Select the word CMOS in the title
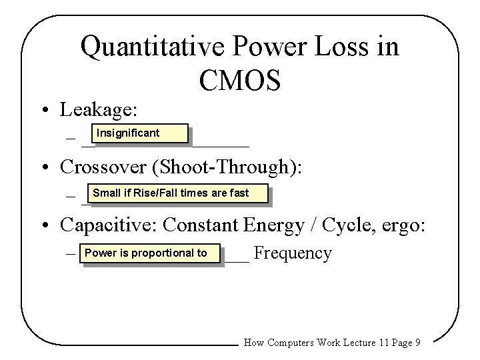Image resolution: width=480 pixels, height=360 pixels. coord(239,79)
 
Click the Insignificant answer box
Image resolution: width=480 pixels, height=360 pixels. coord(134,134)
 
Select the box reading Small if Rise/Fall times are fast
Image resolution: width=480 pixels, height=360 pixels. coord(175,193)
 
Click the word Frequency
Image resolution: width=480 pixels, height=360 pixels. coord(293,254)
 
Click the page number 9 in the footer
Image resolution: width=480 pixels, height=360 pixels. coord(417,343)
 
